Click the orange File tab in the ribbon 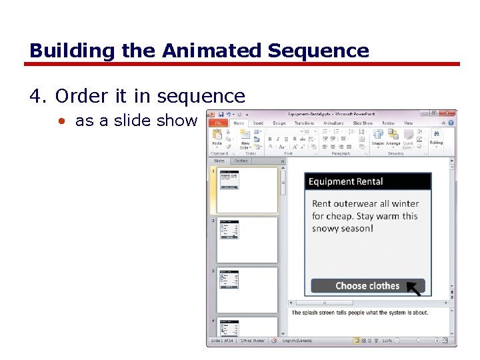pos(217,123)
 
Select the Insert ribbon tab pos(258,123)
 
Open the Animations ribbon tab pos(333,123)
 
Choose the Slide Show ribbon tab pos(363,123)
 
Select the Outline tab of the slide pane pos(241,161)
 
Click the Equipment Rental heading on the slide pos(346,181)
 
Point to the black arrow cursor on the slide pos(415,288)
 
